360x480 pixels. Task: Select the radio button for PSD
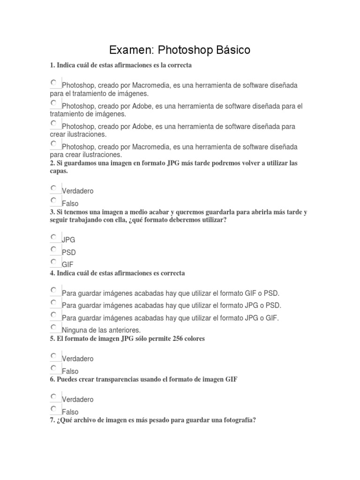tap(54, 249)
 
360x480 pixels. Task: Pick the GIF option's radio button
tap(54, 261)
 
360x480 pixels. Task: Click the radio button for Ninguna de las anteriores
tap(54, 327)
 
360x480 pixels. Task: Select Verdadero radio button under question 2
tap(54, 188)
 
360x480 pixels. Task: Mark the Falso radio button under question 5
tap(54, 368)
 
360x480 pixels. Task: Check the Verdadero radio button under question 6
tap(54, 396)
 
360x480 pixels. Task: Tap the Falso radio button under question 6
tap(54, 409)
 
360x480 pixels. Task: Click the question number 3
tap(52, 212)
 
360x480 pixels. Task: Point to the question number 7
tap(52, 420)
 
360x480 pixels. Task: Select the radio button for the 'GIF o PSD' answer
tap(54, 290)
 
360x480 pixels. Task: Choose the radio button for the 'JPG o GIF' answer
tap(54, 315)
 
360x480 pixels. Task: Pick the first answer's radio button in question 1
tap(54, 82)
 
